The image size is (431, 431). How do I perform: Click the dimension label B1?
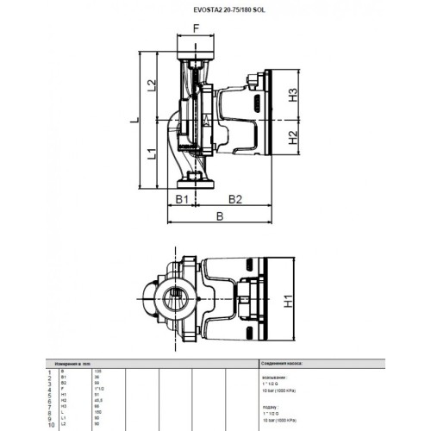pyautogui.click(x=182, y=199)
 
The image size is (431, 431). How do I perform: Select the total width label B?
pyautogui.click(x=222, y=218)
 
